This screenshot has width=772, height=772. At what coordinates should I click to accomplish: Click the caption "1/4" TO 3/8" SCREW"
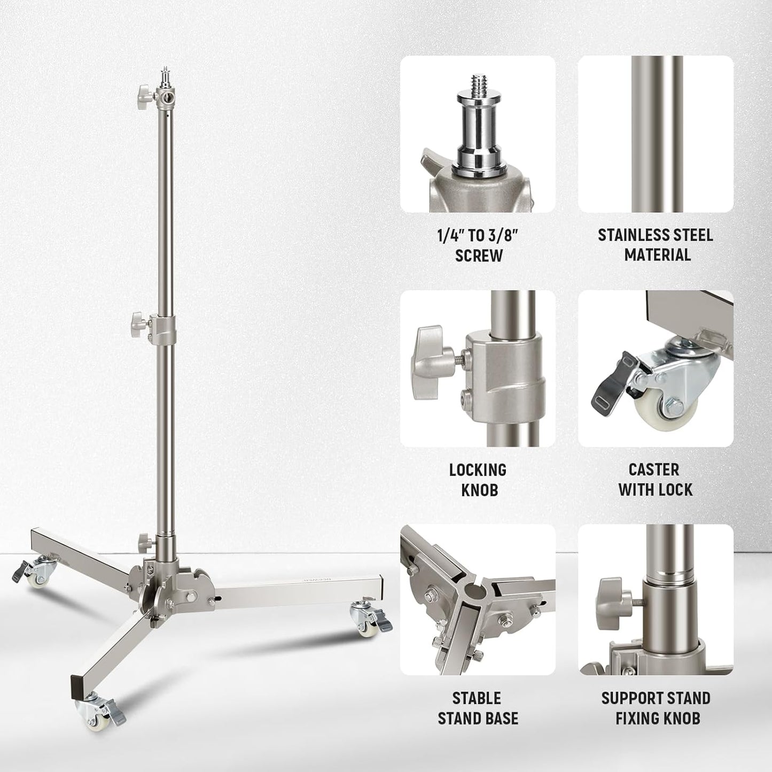click(478, 245)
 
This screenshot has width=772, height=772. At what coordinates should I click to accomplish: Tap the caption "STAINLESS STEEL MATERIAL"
click(656, 245)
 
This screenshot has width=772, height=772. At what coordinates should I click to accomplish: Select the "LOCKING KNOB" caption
click(478, 479)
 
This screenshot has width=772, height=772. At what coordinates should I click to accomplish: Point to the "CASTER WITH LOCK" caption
click(656, 479)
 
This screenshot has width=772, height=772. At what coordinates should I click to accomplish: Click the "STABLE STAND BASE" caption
click(478, 708)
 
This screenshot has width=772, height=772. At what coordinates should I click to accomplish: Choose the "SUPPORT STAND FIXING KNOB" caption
click(656, 708)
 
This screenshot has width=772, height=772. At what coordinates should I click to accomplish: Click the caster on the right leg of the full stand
click(365, 614)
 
